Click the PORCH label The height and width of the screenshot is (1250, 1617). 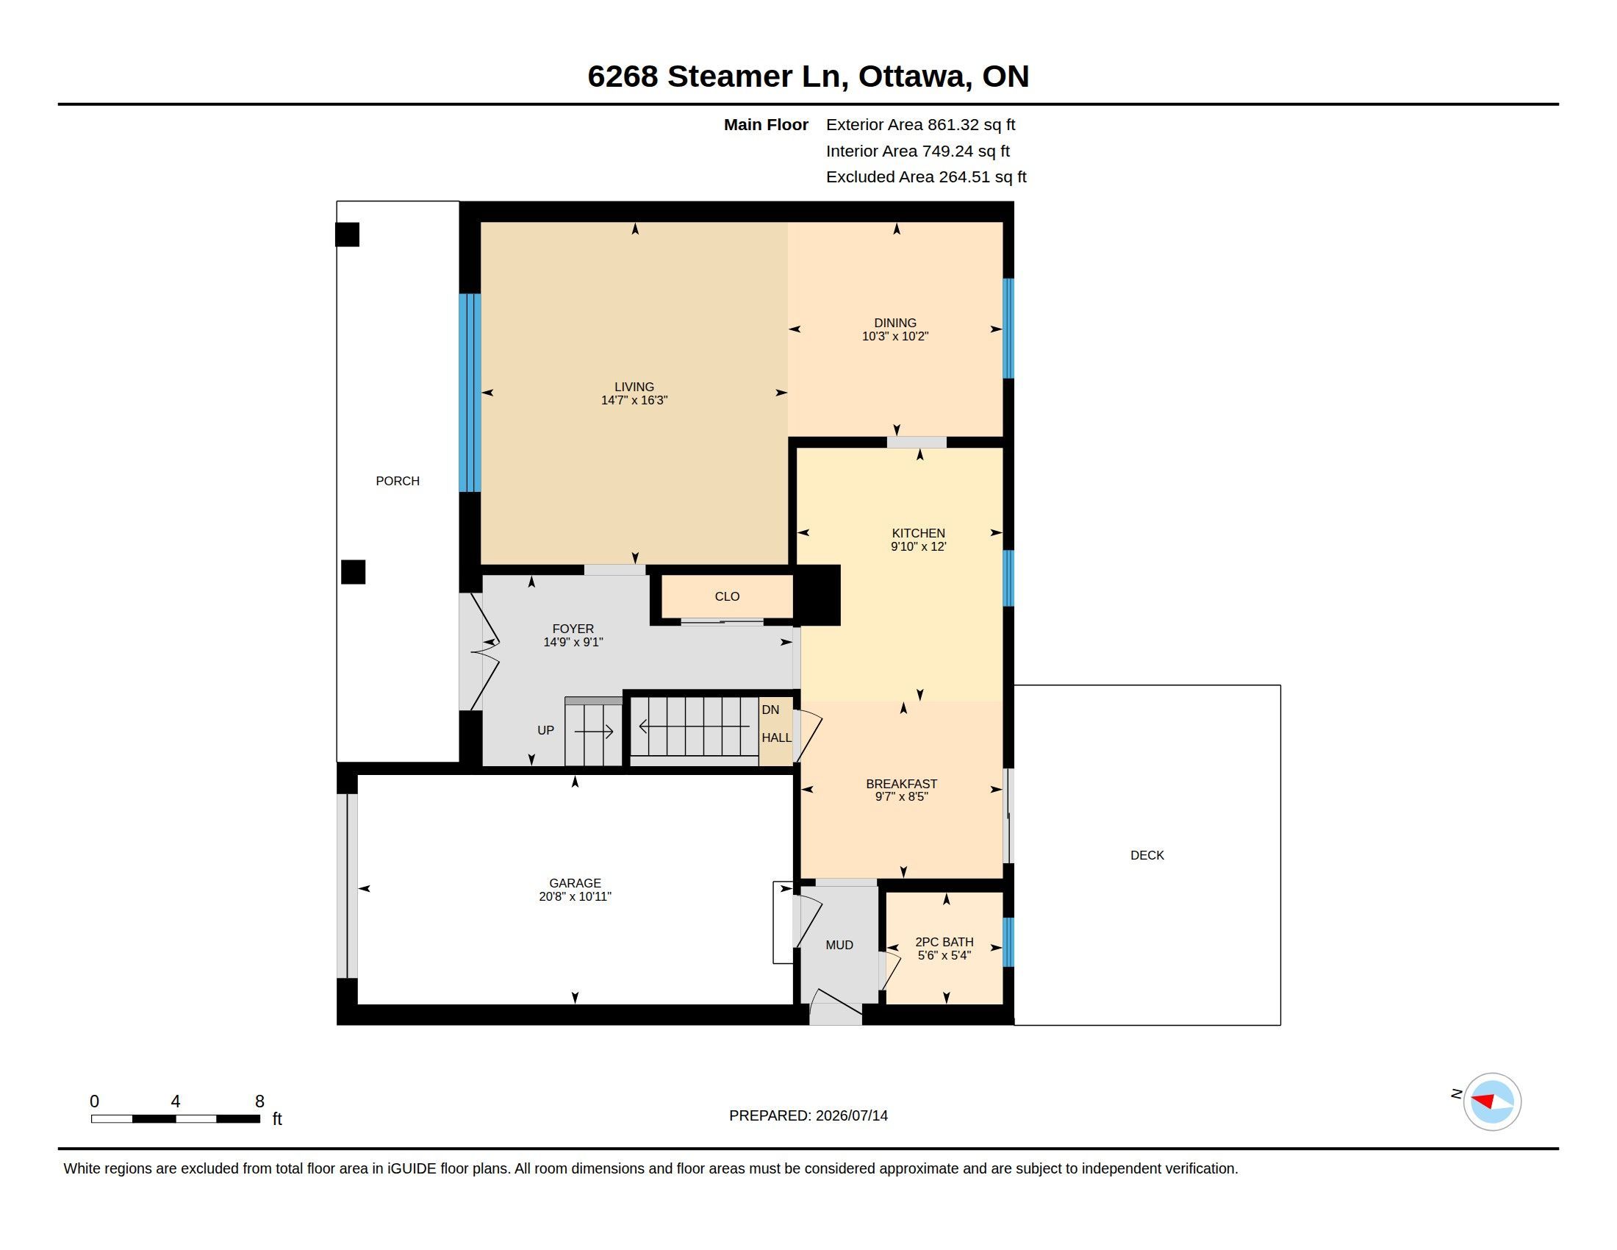[398, 482]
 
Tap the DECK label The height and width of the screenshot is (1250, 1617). [1147, 855]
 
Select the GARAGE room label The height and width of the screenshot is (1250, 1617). [576, 883]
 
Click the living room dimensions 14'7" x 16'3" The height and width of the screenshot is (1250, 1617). [634, 401]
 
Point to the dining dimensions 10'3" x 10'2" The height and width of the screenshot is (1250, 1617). [895, 336]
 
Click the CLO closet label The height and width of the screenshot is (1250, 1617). [727, 597]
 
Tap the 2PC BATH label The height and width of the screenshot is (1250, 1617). [944, 942]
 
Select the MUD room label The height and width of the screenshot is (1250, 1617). [839, 945]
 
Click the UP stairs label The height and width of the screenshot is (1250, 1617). [545, 730]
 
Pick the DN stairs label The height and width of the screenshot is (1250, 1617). [770, 710]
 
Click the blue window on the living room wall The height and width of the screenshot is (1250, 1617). [470, 393]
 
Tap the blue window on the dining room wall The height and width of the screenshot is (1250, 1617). [1008, 329]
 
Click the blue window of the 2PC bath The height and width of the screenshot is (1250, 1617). [1008, 942]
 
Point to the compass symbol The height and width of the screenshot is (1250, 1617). [1492, 1102]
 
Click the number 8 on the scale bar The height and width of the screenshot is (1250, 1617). [260, 1101]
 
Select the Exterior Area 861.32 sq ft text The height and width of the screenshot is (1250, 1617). [920, 125]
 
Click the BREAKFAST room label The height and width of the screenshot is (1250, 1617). [902, 784]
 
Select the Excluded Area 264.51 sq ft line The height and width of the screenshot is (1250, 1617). [926, 177]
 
